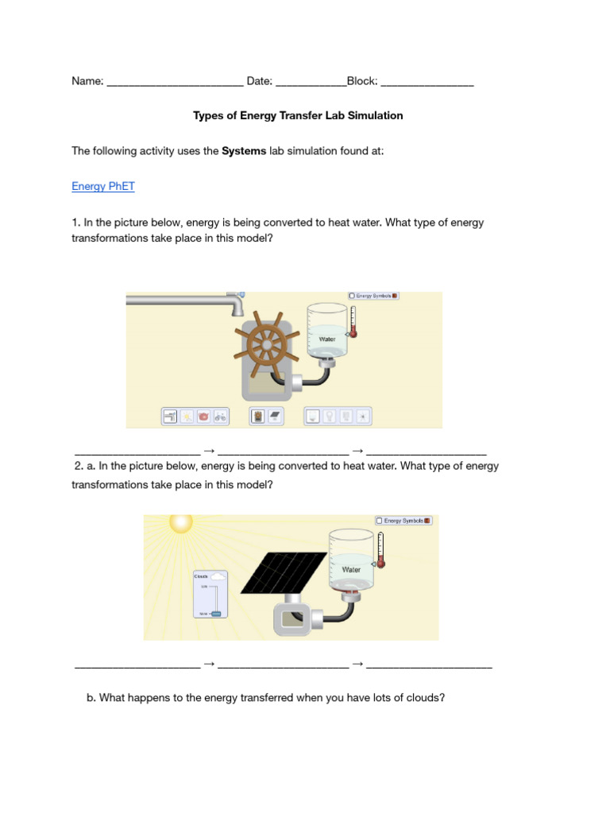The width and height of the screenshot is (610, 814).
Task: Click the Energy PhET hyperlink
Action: [103, 187]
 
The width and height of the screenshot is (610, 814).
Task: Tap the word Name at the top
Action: [87, 81]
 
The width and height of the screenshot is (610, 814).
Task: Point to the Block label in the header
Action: [362, 81]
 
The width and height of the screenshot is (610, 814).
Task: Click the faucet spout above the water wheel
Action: [236, 307]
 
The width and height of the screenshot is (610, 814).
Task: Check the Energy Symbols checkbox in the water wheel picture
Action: [352, 296]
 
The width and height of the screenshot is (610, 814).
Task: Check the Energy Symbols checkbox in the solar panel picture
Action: [380, 521]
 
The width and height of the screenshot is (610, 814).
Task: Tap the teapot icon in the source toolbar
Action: [203, 416]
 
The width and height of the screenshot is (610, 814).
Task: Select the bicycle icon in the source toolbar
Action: [220, 416]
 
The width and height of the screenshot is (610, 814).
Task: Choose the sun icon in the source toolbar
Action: [187, 416]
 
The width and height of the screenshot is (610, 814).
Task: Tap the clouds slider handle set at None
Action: [216, 614]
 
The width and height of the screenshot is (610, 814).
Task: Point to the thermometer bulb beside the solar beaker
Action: [381, 562]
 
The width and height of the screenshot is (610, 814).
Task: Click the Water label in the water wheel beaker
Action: [327, 339]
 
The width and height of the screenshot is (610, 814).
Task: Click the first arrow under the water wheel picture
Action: [209, 451]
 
